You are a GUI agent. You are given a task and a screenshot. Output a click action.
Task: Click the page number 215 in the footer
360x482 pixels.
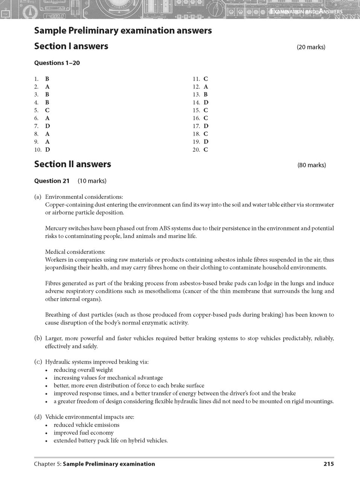click(328, 464)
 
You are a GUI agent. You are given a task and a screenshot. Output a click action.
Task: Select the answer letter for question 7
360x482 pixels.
click(47, 126)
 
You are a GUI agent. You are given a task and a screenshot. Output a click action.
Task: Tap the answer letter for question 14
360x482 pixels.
click(206, 102)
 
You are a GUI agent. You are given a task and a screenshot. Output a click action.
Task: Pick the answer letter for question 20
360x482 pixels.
click(206, 150)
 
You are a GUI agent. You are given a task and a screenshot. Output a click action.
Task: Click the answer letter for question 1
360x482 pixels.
click(47, 79)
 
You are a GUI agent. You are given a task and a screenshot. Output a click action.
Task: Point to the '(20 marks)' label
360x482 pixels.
click(311, 47)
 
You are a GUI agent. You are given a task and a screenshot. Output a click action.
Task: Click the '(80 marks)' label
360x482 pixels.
click(311, 165)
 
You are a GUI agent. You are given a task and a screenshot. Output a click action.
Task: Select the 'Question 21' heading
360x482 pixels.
click(52, 181)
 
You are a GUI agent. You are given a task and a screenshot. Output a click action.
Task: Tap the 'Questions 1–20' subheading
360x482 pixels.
click(57, 63)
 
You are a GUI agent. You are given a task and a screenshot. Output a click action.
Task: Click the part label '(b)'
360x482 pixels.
click(38, 338)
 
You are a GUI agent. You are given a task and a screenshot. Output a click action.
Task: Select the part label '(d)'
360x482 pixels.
click(38, 417)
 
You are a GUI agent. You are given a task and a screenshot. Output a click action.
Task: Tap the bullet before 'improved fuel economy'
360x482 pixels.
click(46, 433)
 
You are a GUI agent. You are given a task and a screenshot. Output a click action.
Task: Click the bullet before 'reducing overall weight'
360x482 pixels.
click(46, 370)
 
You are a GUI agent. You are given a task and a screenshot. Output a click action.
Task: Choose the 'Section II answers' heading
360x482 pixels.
click(73, 164)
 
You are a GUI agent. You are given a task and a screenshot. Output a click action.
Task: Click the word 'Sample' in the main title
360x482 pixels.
click(50, 31)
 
